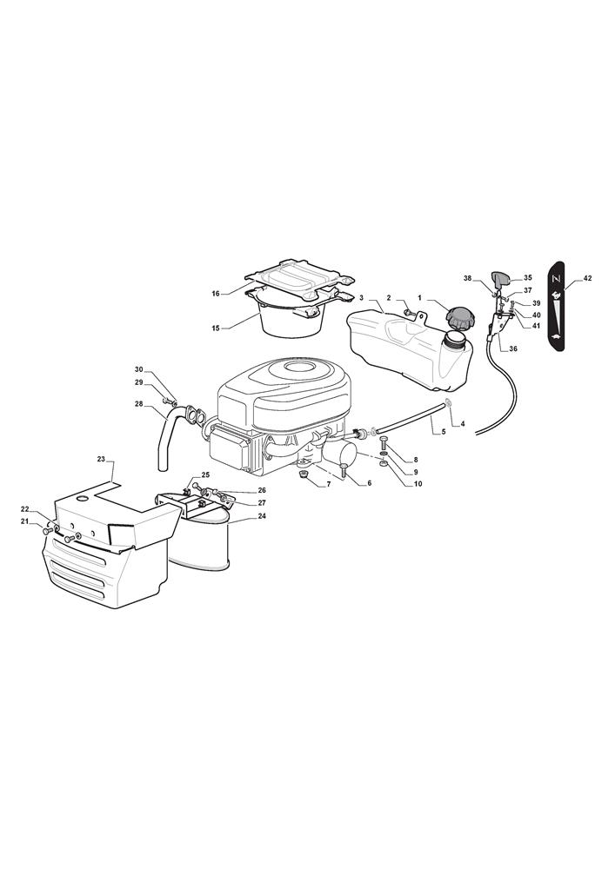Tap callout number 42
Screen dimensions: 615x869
[x=587, y=278]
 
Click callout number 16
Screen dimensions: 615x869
[x=216, y=294]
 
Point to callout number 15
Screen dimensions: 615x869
[x=216, y=328]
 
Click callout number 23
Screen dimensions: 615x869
[x=101, y=459]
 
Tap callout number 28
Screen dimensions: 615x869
[x=138, y=404]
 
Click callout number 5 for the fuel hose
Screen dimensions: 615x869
[x=443, y=431]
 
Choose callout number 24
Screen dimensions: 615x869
[x=262, y=516]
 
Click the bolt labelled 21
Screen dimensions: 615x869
[x=47, y=531]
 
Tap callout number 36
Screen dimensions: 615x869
[x=513, y=348]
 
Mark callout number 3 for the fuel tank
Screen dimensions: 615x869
[x=362, y=297]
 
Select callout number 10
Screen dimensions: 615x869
[x=418, y=484]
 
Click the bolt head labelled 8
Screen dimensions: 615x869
[x=384, y=441]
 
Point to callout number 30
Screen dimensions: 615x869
[x=138, y=369]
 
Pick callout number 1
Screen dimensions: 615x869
[x=420, y=297]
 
